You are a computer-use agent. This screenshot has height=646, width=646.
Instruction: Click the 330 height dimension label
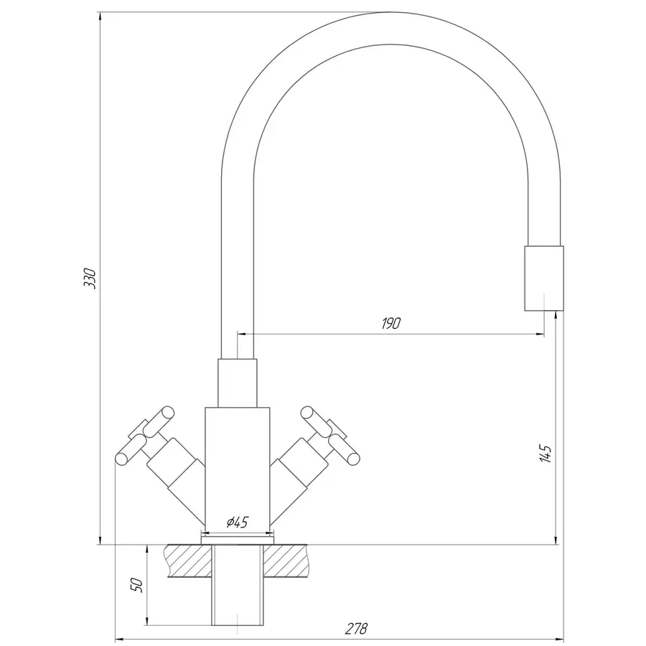[90, 278]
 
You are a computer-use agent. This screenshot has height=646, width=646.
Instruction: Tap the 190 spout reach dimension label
[390, 324]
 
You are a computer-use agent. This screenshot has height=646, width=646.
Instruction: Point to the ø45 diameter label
[238, 523]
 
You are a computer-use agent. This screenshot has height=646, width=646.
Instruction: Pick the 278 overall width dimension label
[356, 629]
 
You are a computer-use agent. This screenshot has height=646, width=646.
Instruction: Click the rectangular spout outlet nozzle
[544, 278]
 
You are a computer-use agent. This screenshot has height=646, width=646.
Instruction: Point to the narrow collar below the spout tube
[238, 383]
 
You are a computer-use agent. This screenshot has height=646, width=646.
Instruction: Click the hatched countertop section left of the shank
[188, 561]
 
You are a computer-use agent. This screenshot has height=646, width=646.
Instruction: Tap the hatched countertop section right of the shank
[286, 561]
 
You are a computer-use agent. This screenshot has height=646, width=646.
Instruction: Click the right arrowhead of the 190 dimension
[540, 334]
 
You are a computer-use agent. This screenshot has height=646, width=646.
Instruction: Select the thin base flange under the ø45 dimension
[238, 540]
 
